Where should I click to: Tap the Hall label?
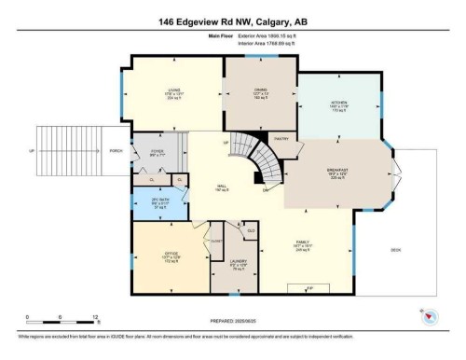coord(221,187)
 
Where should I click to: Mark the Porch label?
coord(116,149)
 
